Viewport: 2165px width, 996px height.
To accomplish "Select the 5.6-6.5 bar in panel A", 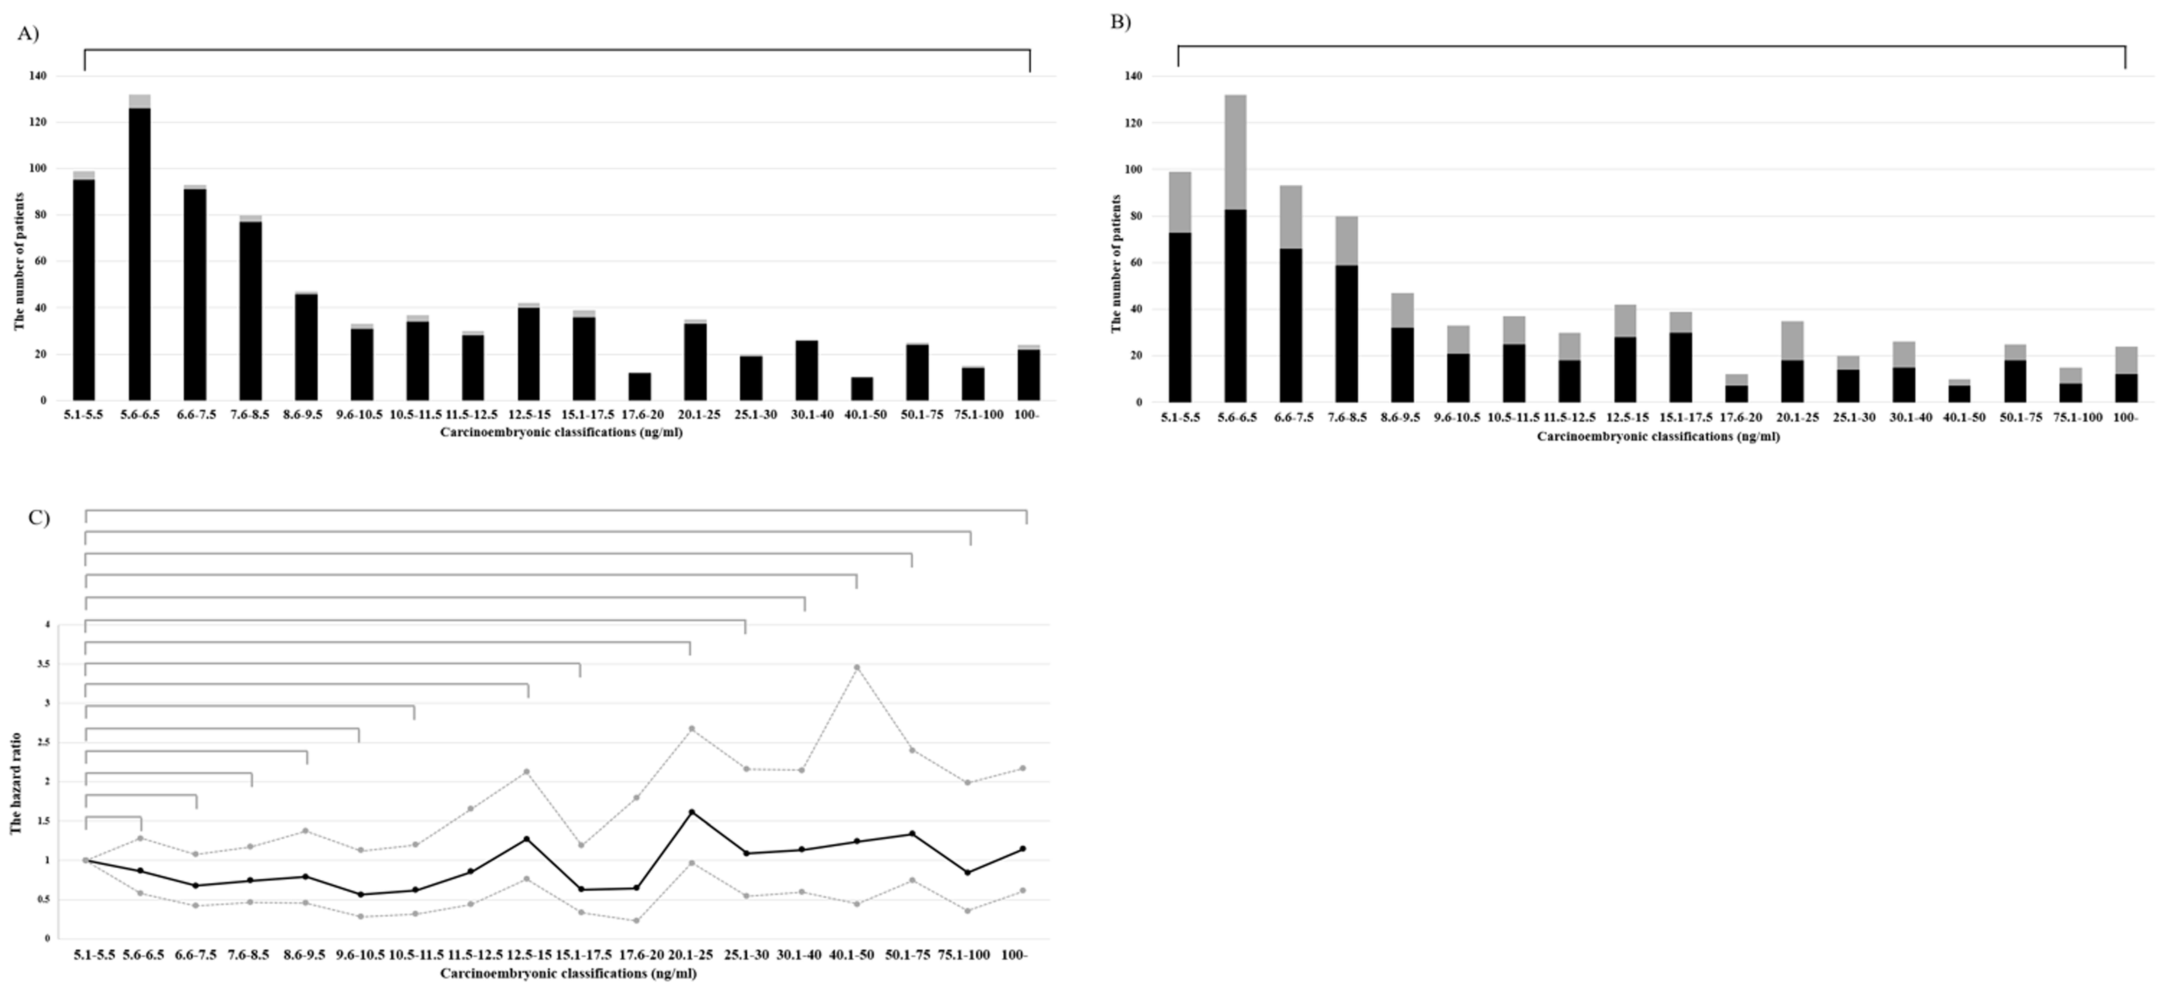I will [139, 252].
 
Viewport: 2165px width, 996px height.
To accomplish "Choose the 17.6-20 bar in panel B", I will [1736, 388].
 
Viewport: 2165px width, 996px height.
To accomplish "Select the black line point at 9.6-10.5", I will [360, 894].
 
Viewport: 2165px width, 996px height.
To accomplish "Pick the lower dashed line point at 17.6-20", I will [636, 920].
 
